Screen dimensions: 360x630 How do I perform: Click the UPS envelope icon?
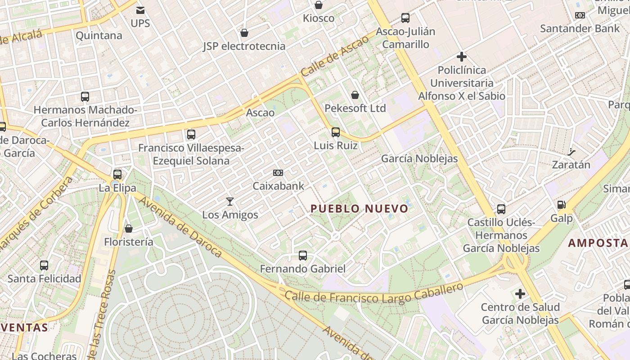pyautogui.click(x=140, y=10)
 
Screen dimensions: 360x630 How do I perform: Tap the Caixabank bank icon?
pyautogui.click(x=278, y=173)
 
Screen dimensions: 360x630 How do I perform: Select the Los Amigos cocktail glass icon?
pyautogui.click(x=230, y=202)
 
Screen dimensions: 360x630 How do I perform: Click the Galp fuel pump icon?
pyautogui.click(x=562, y=205)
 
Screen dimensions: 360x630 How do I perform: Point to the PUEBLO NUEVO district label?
pyautogui.click(x=360, y=208)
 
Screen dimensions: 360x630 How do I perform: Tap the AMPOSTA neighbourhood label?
pyautogui.click(x=598, y=243)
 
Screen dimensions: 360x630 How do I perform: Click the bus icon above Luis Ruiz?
pyautogui.click(x=336, y=132)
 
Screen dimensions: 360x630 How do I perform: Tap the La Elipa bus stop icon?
pyautogui.click(x=117, y=175)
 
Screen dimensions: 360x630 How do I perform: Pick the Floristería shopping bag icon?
pyautogui.click(x=129, y=229)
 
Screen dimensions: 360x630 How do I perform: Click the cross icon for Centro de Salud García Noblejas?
pyautogui.click(x=520, y=294)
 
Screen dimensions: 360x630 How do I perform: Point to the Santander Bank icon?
pyautogui.click(x=580, y=15)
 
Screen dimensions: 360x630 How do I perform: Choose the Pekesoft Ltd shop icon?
pyautogui.click(x=355, y=95)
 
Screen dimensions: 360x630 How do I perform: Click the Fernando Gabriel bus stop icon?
pyautogui.click(x=303, y=256)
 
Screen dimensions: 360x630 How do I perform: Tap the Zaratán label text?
pyautogui.click(x=571, y=165)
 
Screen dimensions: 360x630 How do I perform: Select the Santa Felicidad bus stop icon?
pyautogui.click(x=44, y=265)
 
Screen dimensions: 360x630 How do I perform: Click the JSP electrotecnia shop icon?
pyautogui.click(x=244, y=33)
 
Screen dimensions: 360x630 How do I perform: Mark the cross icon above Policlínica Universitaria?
pyautogui.click(x=461, y=57)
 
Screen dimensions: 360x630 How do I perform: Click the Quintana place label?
pyautogui.click(x=99, y=36)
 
